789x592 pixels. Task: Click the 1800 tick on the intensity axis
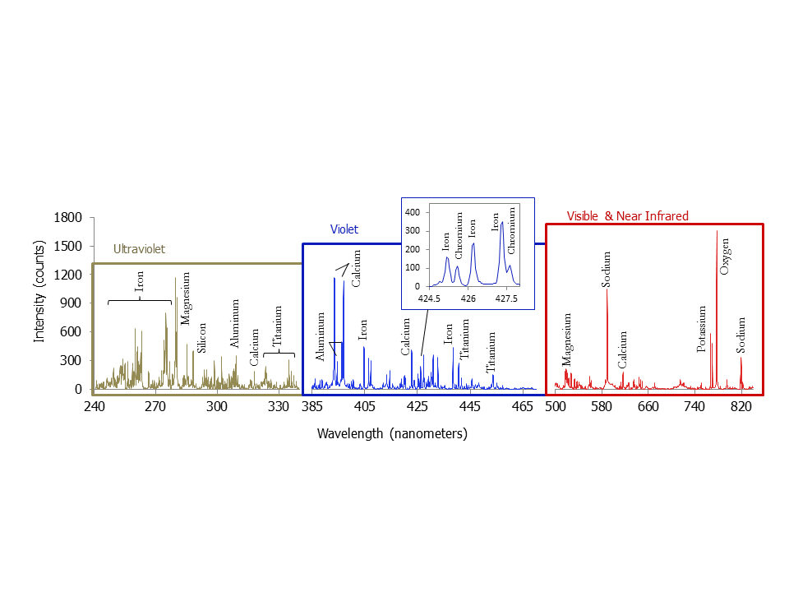(x=68, y=218)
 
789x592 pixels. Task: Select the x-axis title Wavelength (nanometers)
(x=392, y=433)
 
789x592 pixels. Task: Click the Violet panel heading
(x=344, y=230)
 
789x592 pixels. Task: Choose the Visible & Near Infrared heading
(x=628, y=216)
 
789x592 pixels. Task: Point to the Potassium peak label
(x=702, y=329)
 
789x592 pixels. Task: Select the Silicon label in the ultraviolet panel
(x=202, y=338)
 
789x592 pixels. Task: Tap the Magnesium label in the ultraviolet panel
(x=186, y=298)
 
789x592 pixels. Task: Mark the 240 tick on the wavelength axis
(x=95, y=406)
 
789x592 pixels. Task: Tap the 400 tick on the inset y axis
(x=413, y=211)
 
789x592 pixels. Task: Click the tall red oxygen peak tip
(x=717, y=231)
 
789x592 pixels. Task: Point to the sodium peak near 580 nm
(x=607, y=289)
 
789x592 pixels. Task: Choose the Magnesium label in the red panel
(x=567, y=339)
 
